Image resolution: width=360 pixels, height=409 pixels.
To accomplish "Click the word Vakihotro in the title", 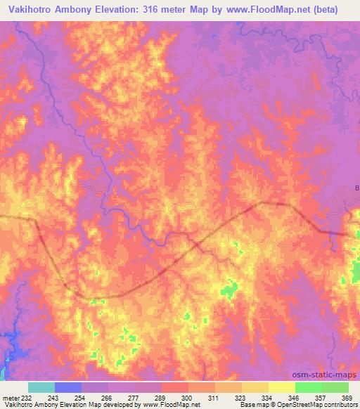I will coord(33,10).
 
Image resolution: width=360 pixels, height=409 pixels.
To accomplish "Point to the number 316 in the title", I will coord(174,10).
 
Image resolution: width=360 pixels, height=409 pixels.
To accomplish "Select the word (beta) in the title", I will coord(326,10).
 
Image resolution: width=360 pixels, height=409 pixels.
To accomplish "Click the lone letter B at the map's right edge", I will coord(356,188).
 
